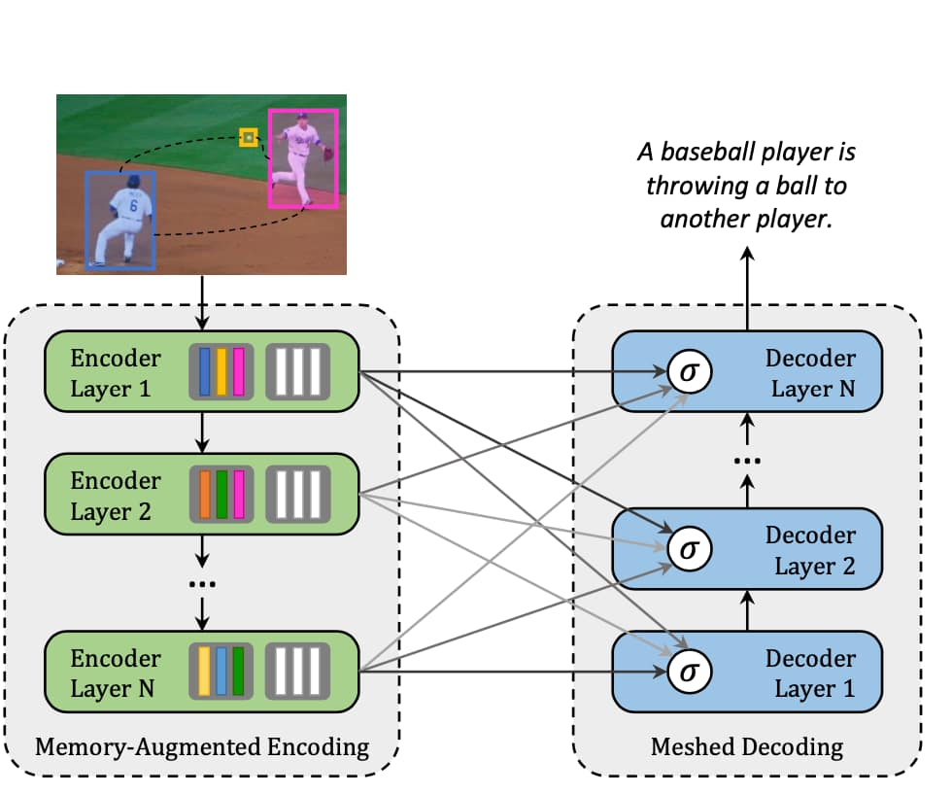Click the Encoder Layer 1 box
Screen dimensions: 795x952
click(x=117, y=374)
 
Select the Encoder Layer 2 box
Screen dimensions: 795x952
click(x=117, y=497)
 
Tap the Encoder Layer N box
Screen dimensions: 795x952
click(x=117, y=674)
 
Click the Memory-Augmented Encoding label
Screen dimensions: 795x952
click(x=202, y=747)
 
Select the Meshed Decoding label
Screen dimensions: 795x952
click(x=747, y=747)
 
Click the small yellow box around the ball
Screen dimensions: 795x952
click(x=249, y=139)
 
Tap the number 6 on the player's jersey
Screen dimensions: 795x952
click(x=133, y=206)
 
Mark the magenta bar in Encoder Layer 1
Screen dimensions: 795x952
click(x=238, y=372)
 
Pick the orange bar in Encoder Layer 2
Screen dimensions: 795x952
click(x=205, y=495)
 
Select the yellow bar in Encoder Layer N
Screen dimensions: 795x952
click(x=205, y=672)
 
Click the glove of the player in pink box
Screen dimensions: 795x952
click(x=328, y=153)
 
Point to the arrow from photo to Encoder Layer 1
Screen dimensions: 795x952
click(x=202, y=302)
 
